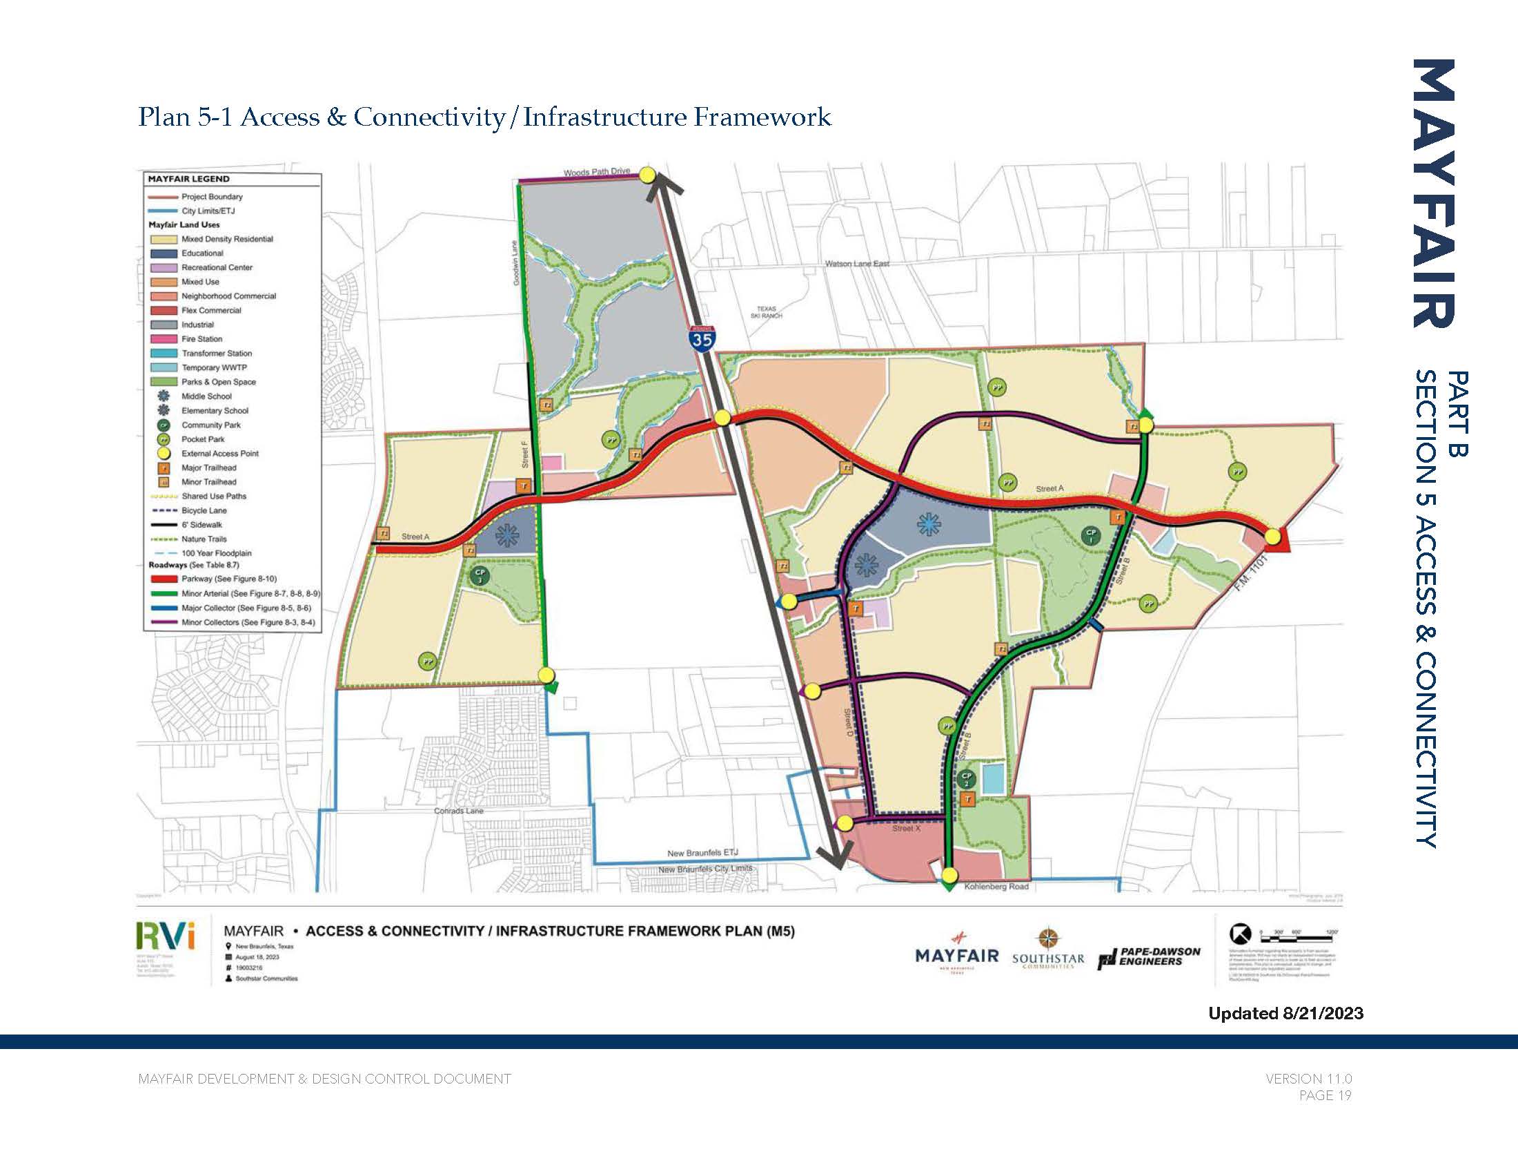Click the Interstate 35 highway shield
[702, 338]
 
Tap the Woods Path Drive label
[596, 172]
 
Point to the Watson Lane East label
[856, 264]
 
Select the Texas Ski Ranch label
[766, 312]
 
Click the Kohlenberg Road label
[995, 887]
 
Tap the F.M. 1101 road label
[1252, 573]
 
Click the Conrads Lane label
[458, 811]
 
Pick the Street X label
[907, 828]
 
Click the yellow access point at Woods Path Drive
[647, 175]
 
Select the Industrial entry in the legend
[197, 325]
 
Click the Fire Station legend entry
[201, 338]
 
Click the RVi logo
[166, 936]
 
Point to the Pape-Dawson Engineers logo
[1150, 957]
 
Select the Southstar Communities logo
[1047, 950]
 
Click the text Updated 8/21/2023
[1285, 1013]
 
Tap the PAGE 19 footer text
[1325, 1095]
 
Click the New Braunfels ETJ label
[702, 853]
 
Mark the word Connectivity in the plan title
[429, 117]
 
